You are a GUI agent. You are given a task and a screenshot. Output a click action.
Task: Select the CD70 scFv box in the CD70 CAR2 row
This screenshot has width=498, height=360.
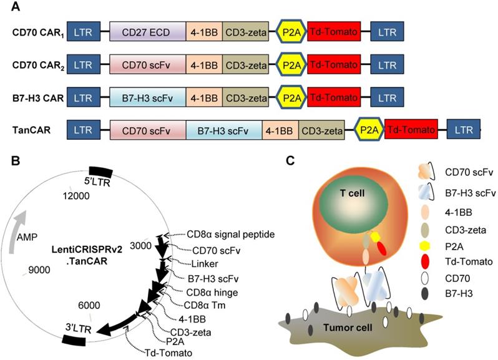click(147, 65)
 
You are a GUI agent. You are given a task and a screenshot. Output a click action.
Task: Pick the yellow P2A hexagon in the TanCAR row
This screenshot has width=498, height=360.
click(368, 130)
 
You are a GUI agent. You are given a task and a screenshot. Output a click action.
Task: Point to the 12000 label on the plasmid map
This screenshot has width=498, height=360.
click(78, 196)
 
